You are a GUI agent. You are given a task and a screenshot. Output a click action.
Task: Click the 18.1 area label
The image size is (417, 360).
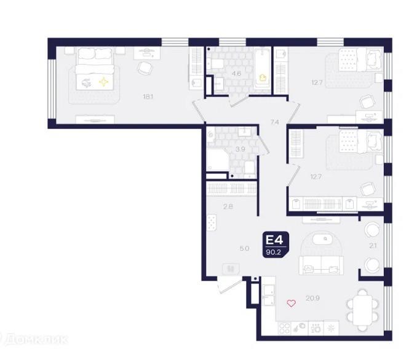pyautogui.click(x=148, y=96)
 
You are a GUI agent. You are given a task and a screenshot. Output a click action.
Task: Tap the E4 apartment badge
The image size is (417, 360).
pyautogui.click(x=276, y=245)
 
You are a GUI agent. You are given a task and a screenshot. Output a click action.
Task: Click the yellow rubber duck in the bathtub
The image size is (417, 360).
pyautogui.click(x=263, y=78)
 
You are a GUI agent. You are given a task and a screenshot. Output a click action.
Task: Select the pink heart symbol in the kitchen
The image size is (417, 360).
pyautogui.click(x=291, y=303)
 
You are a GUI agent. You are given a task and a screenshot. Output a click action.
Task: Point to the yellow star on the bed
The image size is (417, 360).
pyautogui.click(x=104, y=82)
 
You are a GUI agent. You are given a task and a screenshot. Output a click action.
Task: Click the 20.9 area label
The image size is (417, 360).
pyautogui.click(x=312, y=299)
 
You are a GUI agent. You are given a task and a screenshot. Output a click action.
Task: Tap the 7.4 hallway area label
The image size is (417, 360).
pyautogui.click(x=275, y=122)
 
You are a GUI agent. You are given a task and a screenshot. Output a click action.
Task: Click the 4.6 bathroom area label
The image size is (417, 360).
pyautogui.click(x=236, y=74)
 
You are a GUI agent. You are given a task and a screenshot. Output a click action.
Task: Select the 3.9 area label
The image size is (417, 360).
pyautogui.click(x=240, y=149)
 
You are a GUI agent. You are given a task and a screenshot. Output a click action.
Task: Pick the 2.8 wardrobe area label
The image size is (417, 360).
pyautogui.click(x=228, y=206)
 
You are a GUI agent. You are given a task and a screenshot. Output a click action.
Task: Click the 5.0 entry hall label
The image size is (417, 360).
pyautogui.click(x=244, y=249)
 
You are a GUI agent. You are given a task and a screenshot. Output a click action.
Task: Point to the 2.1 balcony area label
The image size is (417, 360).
pyautogui.click(x=373, y=246)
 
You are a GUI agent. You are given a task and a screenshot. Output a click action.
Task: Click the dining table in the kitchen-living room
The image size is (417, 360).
pyautogui.click(x=362, y=310)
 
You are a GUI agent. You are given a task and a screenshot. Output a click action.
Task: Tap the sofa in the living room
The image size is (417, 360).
pyautogui.click(x=321, y=265)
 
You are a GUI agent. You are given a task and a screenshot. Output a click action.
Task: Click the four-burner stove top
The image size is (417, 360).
pyautogui.click(x=285, y=329)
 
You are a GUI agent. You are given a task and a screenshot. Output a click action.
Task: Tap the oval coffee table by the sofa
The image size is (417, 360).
pyautogui.click(x=321, y=239)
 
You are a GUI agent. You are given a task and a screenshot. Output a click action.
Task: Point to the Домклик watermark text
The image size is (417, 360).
pyautogui.click(x=34, y=339)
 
